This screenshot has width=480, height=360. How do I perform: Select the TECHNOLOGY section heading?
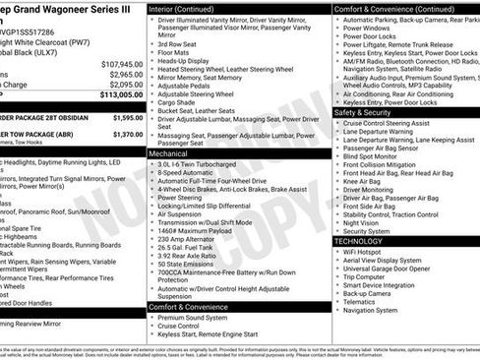358,240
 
